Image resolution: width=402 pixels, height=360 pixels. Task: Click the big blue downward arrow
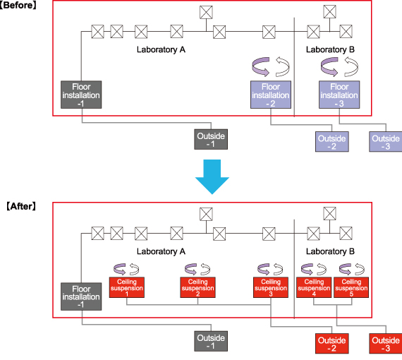point(212,176)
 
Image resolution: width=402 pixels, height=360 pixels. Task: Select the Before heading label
point(18,5)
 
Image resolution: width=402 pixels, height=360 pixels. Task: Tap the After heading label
point(21,206)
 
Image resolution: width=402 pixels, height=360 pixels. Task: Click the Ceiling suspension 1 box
point(127,287)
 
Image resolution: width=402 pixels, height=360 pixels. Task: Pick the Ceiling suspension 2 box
point(197,287)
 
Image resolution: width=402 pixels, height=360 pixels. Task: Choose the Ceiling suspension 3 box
point(271,287)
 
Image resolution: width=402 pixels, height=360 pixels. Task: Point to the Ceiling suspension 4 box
point(314,287)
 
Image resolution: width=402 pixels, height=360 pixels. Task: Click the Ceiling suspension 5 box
point(351,287)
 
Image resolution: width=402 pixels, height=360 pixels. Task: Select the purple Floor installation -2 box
point(271,95)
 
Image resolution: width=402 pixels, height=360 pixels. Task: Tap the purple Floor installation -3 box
point(339,95)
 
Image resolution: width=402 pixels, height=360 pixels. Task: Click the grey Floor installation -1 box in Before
point(81,95)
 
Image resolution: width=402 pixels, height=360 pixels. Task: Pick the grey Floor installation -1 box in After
point(81,296)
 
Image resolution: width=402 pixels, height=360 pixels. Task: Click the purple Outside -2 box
point(332,142)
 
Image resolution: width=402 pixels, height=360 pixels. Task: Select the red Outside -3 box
point(386,344)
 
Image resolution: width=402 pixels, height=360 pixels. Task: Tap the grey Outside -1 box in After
point(211,341)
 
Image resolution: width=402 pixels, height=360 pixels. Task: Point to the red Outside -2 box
point(332,344)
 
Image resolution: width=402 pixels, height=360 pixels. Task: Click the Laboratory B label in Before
point(330,49)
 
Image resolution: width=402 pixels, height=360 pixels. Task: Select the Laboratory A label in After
point(161,251)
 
